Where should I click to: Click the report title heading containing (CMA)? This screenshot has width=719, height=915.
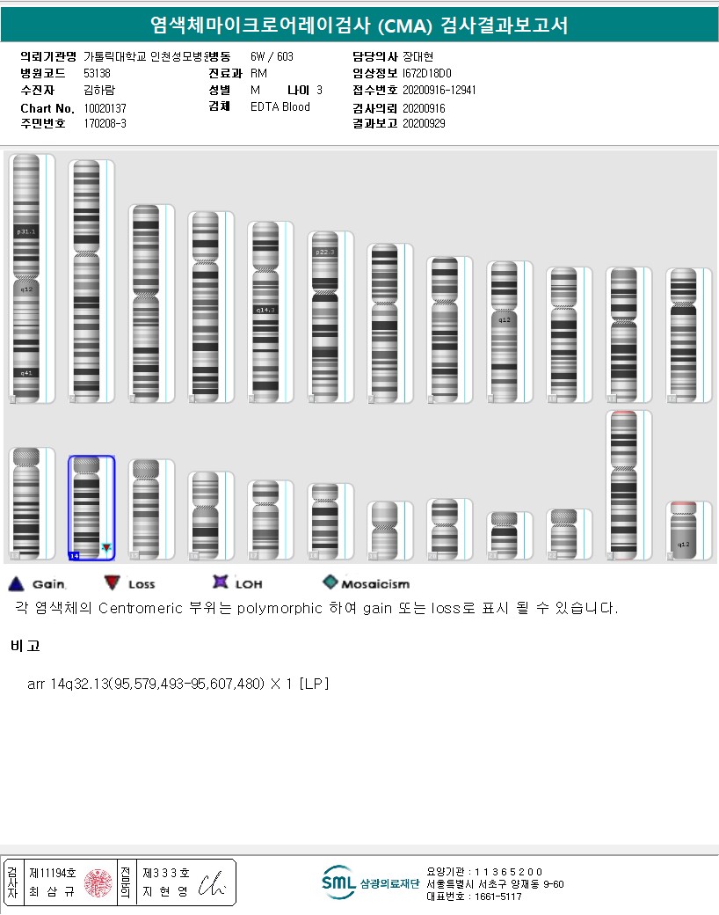[x=359, y=26]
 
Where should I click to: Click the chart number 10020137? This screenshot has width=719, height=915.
[x=105, y=107]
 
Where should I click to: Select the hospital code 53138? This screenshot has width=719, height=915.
[x=97, y=73]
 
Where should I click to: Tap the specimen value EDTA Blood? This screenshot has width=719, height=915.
[x=280, y=107]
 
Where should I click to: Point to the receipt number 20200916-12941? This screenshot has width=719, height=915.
[x=439, y=90]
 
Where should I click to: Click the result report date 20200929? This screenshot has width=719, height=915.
[x=424, y=124]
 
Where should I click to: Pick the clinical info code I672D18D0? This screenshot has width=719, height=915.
[x=426, y=73]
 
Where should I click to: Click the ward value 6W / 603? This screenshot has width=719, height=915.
[x=272, y=56]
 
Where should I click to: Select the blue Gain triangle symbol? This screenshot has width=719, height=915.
[x=15, y=582]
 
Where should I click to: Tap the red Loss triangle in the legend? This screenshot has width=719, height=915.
[x=112, y=582]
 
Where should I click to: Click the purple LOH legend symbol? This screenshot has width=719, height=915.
[x=220, y=582]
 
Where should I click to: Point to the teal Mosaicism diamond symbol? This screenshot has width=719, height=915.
[x=330, y=582]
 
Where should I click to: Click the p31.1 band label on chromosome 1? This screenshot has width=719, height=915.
[x=25, y=231]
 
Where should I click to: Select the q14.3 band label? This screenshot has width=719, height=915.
[x=265, y=310]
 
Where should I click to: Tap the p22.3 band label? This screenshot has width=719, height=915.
[x=324, y=252]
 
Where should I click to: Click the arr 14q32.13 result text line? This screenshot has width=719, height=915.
[x=178, y=684]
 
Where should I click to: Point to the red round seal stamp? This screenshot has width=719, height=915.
[x=98, y=883]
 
